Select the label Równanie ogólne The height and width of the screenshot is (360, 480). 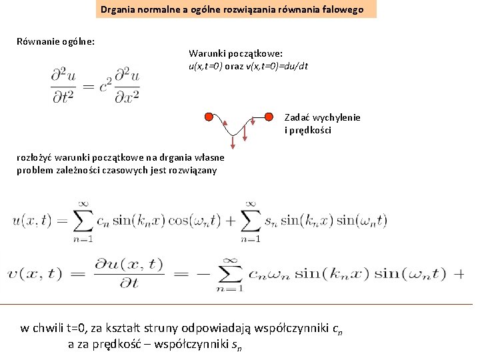tap(55, 41)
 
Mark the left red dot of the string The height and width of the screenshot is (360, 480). tap(209, 117)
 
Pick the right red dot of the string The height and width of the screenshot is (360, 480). tap(269, 117)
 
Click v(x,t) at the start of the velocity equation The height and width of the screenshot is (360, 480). tap(33, 273)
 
